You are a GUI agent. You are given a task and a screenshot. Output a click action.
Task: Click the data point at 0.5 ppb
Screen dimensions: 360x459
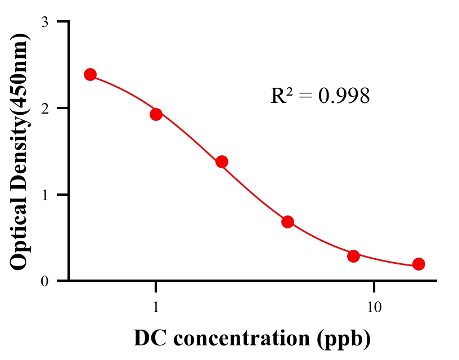pos(90,75)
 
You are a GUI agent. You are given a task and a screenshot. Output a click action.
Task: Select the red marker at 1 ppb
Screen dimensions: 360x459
pos(156,114)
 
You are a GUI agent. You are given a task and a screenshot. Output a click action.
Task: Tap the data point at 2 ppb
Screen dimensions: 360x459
pos(222,162)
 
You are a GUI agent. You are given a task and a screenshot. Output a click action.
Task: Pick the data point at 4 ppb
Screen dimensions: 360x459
pos(287,222)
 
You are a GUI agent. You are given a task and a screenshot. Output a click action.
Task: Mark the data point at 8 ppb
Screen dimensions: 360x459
pos(353,256)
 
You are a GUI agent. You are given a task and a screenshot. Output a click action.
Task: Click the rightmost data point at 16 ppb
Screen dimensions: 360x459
pos(418,264)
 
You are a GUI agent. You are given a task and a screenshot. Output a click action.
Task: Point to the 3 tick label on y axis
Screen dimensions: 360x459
pos(44,22)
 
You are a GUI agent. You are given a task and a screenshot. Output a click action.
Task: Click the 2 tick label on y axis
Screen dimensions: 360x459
pos(44,109)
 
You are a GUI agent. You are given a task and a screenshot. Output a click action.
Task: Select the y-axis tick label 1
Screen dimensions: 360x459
pos(44,195)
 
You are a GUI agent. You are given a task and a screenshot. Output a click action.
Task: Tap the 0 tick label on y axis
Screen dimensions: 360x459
pos(44,281)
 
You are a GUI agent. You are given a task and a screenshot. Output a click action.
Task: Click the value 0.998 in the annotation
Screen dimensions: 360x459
pos(344,96)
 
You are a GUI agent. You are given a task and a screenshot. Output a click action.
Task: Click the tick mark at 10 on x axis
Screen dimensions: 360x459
pos(374,286)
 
